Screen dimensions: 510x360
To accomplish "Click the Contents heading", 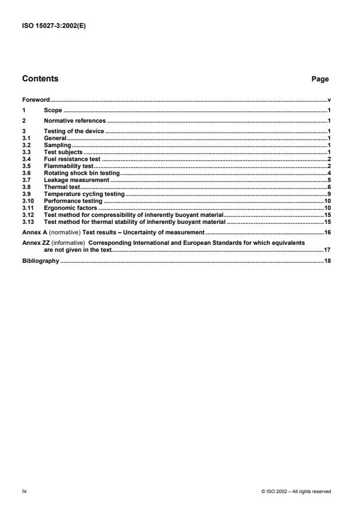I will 40,79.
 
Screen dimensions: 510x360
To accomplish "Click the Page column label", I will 320,79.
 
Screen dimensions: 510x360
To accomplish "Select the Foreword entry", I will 35,100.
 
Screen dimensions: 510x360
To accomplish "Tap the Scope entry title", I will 53,110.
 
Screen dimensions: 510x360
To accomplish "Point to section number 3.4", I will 26,159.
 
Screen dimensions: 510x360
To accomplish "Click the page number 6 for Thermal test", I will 329,187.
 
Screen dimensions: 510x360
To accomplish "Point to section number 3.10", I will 28,201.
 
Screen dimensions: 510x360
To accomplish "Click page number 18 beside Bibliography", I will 327,262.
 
